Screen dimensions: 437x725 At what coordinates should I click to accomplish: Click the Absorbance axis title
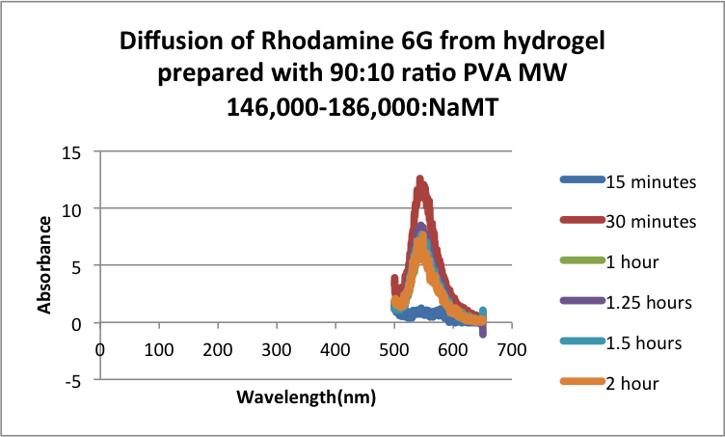pos(44,264)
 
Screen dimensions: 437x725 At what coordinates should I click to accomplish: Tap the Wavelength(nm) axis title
pos(308,397)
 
